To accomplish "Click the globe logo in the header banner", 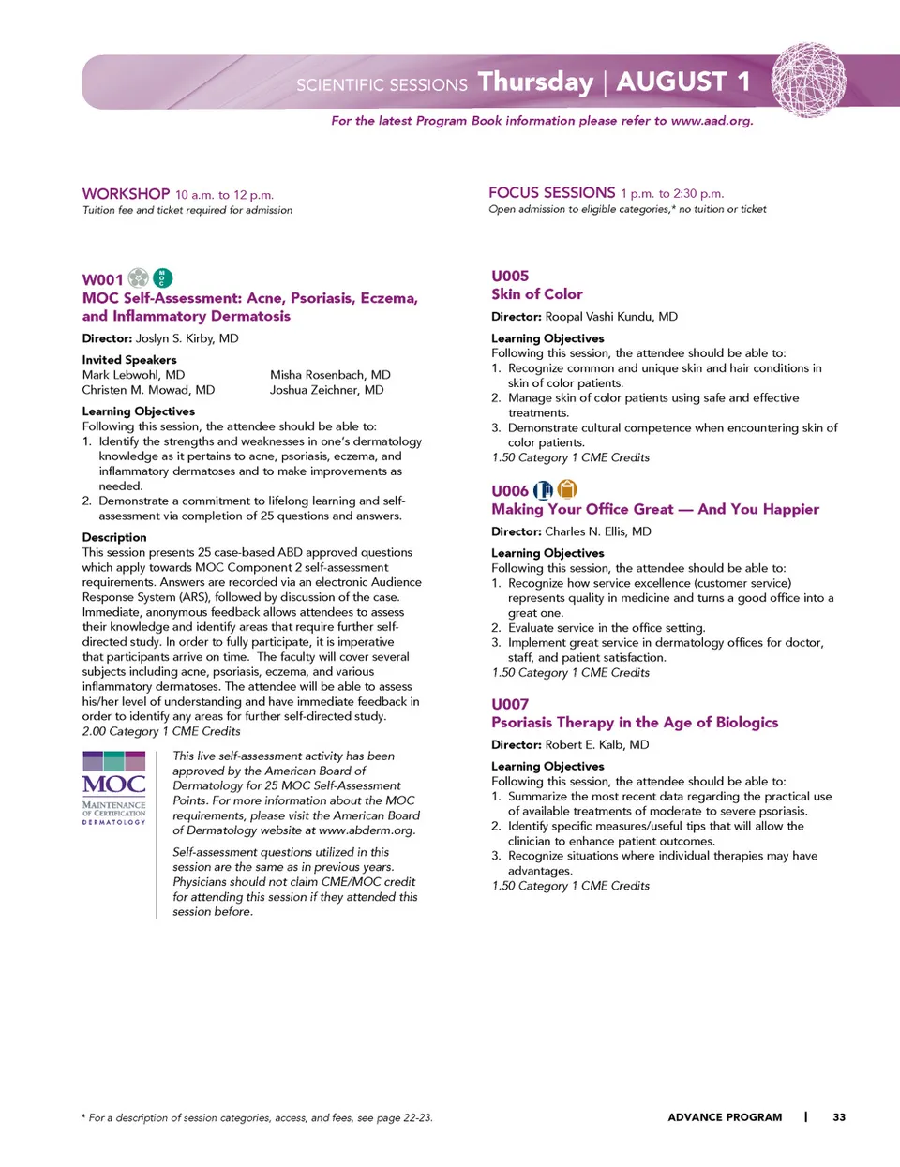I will point(808,80).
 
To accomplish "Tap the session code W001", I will point(102,279).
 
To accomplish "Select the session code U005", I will point(510,276).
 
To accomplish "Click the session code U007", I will point(510,704).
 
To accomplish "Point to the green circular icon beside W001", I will point(162,277).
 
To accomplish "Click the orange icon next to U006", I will point(567,489).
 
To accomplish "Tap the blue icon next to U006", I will point(543,490).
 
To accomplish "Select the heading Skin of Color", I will point(537,294).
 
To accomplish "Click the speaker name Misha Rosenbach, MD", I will point(330,375).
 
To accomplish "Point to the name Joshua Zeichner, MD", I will point(326,390).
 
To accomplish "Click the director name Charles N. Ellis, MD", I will point(598,531).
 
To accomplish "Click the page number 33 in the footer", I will point(839,1117).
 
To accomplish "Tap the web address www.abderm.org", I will point(367,830).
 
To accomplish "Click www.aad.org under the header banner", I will point(712,121).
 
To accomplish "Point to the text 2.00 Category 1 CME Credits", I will point(161,731).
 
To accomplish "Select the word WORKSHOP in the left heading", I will point(126,194).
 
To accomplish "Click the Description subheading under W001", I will point(114,537).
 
